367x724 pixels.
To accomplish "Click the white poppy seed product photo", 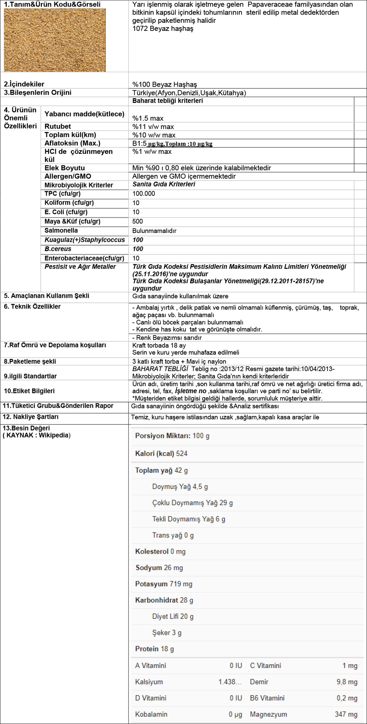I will pyautogui.click(x=55, y=40).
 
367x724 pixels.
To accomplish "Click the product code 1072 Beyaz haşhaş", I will pyautogui.click(x=163, y=29).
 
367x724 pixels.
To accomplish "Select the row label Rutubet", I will pyautogui.click(x=58, y=126).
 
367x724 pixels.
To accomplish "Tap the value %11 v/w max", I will pyautogui.click(x=153, y=127).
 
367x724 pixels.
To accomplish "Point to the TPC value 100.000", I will pyautogui.click(x=144, y=194).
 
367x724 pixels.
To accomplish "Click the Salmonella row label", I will pyautogui.click(x=61, y=230).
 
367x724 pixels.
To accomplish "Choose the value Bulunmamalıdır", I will pyautogui.click(x=154, y=231).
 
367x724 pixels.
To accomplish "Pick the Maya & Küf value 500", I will pyautogui.click(x=138, y=221).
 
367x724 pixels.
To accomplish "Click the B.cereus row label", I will pyautogui.click(x=58, y=249).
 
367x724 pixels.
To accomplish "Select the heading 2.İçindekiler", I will pyautogui.click(x=24, y=84).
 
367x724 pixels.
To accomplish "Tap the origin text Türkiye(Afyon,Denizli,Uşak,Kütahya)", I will pyautogui.click(x=189, y=93).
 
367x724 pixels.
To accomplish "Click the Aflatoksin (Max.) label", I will pyautogui.click(x=72, y=143).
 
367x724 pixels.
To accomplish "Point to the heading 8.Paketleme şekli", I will pyautogui.click(x=30, y=361).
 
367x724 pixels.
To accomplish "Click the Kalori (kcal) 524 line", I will pyautogui.click(x=161, y=453).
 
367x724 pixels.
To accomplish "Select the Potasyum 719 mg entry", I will pyautogui.click(x=163, y=584).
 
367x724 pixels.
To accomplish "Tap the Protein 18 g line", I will pyautogui.click(x=154, y=649).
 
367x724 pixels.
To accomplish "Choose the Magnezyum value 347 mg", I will pyautogui.click(x=346, y=714).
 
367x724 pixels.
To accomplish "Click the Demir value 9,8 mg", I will pyautogui.click(x=347, y=682).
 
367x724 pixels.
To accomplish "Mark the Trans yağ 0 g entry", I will pyautogui.click(x=173, y=535).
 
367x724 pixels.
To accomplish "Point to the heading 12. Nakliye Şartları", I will pyautogui.click(x=31, y=417).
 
